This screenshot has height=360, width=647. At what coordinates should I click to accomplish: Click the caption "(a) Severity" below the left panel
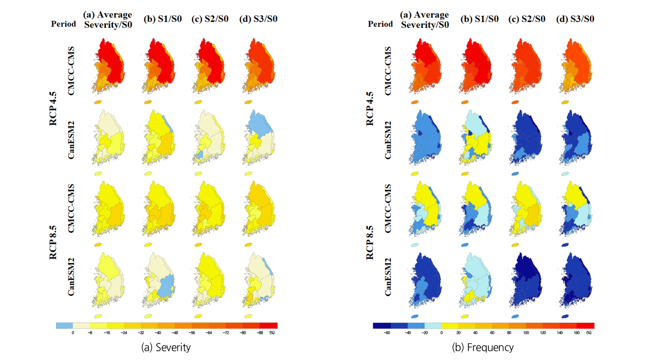click(166, 347)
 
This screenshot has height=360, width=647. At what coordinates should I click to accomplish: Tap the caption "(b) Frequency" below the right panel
click(483, 347)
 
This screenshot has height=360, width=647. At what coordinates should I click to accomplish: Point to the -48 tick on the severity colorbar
click(175, 333)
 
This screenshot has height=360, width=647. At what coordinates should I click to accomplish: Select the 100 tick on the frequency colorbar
click(526, 333)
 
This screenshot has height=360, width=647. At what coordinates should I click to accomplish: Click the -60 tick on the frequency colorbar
click(387, 333)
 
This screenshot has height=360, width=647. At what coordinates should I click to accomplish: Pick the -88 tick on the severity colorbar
click(260, 333)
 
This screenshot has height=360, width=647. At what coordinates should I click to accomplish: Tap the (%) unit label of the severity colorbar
click(272, 333)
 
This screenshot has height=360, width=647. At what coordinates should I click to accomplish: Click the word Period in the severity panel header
click(64, 24)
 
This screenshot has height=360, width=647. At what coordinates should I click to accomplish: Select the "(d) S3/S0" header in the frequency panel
click(575, 19)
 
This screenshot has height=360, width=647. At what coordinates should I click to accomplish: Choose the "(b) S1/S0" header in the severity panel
click(163, 19)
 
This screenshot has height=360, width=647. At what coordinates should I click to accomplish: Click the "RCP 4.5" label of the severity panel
click(53, 109)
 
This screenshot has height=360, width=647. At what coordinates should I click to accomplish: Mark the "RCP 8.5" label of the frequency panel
click(370, 243)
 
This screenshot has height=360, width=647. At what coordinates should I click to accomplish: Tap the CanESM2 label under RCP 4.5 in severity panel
click(71, 140)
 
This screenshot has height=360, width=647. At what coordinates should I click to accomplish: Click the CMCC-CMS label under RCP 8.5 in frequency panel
click(388, 208)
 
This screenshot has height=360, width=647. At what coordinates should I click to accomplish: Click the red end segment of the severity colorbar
click(269, 326)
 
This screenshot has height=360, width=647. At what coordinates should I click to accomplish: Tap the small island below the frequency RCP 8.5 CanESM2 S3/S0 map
click(565, 316)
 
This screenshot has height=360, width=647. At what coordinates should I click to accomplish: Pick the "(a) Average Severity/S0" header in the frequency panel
click(425, 20)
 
